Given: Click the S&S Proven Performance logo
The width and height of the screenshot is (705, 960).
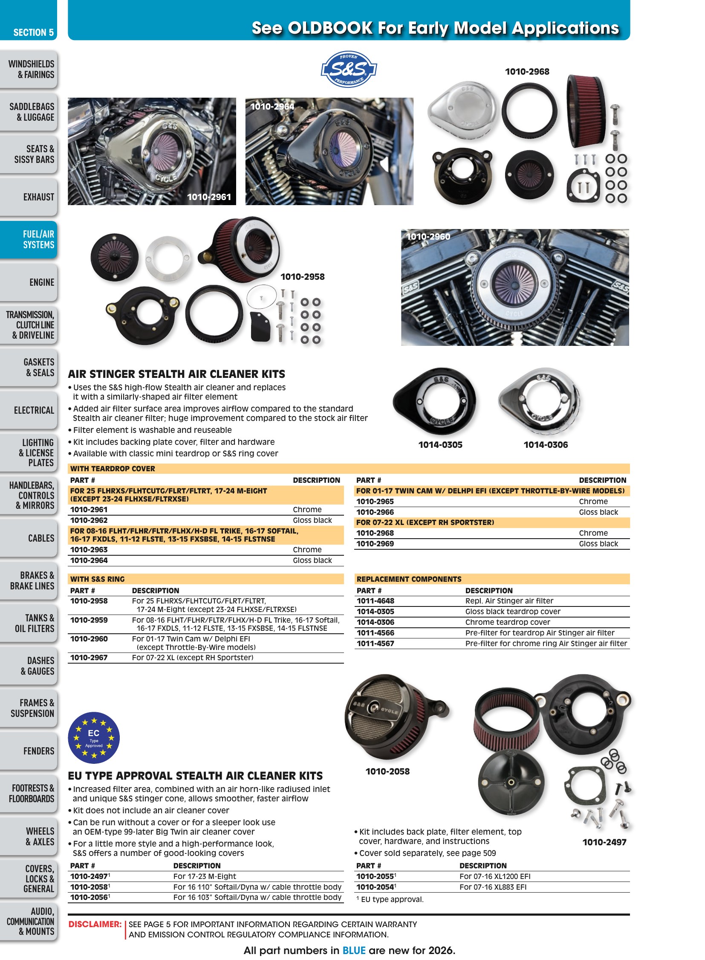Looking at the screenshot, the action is pos(349,69).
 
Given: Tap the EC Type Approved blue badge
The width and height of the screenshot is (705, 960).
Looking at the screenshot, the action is pos(94,737).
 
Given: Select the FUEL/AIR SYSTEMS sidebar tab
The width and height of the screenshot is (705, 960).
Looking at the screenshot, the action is pos(29,239).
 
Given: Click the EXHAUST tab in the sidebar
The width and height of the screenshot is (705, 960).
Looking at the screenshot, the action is pos(29,197).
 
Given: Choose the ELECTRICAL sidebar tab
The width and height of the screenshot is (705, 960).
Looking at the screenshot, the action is pos(29,410).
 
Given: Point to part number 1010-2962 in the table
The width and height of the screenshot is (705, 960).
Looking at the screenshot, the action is pos(89,520).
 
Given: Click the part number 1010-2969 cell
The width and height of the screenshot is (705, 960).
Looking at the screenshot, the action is pos(375,544).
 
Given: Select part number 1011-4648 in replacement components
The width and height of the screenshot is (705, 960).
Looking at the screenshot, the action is pos(376,601).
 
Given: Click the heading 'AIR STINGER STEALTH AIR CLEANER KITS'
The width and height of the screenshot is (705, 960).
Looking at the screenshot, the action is pos(177,374).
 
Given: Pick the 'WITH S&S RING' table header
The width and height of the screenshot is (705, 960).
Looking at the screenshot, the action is pos(97,579).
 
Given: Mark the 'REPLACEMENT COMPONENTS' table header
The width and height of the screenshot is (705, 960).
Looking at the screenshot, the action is pos(409,579).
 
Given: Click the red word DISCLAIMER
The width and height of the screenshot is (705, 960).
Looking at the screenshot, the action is pos(95,924).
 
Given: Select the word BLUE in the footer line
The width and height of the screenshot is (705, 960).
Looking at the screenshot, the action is pos(354,950).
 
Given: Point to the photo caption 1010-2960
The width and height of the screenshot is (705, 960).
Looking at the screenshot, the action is pos(428,237).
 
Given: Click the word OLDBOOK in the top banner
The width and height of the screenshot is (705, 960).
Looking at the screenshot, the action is pos(330,28).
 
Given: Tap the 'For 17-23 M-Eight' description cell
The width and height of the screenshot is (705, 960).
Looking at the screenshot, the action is pos(205,876).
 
